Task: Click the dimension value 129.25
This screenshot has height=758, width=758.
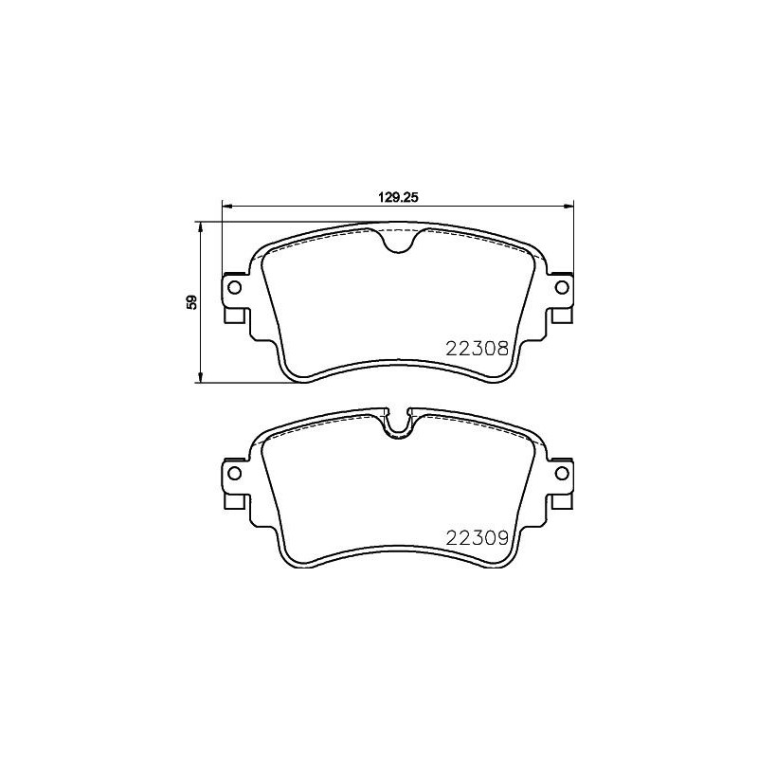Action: tap(398, 198)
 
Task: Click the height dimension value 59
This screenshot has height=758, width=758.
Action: tap(191, 302)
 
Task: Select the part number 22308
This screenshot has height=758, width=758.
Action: tap(478, 349)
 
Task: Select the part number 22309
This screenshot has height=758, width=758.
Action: tap(478, 537)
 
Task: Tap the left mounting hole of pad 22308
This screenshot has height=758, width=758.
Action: tap(235, 287)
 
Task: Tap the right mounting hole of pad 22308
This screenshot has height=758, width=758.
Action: tap(560, 287)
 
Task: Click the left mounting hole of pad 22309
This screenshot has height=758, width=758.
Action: tap(235, 473)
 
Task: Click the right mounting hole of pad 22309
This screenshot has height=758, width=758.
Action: tap(560, 473)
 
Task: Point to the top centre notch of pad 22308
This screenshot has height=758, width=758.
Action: tap(398, 242)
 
